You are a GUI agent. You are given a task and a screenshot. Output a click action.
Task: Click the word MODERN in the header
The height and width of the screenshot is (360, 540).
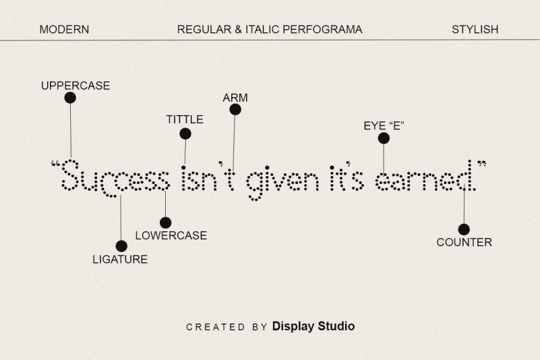(64, 29)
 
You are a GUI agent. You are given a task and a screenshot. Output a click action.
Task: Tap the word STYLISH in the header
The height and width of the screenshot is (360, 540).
(475, 29)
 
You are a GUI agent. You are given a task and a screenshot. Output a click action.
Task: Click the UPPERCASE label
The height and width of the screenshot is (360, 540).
(76, 86)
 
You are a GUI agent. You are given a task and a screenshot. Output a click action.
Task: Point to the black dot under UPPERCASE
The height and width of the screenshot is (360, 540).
(70, 98)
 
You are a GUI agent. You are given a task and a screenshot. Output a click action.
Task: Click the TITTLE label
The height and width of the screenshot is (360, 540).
(185, 119)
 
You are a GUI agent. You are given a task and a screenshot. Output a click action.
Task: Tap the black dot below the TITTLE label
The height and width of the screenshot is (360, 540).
(185, 133)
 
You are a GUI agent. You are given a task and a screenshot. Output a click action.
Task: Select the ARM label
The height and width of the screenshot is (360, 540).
(235, 98)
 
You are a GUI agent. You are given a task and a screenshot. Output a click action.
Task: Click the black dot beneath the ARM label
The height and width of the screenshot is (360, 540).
(235, 109)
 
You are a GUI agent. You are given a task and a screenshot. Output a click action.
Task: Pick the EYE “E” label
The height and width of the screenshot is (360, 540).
(384, 126)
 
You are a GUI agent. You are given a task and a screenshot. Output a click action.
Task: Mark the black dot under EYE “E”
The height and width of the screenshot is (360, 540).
(384, 138)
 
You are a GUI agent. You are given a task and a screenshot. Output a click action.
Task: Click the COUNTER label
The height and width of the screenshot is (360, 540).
(464, 242)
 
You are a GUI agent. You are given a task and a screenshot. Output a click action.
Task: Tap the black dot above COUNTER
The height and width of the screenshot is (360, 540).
(464, 229)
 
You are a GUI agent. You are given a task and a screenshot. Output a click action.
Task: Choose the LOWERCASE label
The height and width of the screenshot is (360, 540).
(171, 236)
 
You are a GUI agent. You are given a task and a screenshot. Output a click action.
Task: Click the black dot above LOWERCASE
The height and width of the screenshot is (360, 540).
(166, 222)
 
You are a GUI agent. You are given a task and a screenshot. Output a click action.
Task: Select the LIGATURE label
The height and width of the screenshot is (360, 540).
(120, 260)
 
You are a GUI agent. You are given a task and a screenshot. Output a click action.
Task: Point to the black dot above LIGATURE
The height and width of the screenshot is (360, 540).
(121, 246)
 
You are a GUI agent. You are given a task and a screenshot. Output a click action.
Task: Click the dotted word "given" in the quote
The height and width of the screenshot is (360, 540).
(283, 183)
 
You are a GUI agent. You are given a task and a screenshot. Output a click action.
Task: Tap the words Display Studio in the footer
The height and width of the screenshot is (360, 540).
(313, 326)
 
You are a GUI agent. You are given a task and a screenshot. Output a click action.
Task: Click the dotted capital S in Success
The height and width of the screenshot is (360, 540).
(70, 175)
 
